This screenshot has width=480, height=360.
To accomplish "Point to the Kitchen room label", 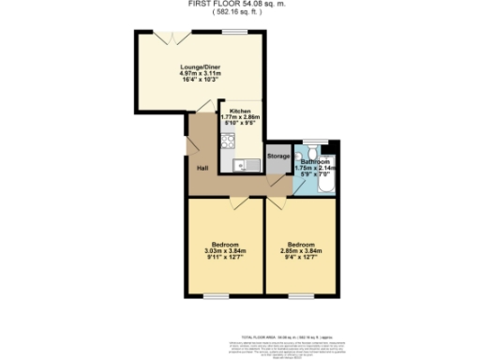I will pos(238,109).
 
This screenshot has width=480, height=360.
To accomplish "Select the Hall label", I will pos(202,168).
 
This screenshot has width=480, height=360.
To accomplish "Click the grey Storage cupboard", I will pos(278,156).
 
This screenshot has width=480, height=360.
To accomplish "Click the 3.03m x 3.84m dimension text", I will pos(225,251).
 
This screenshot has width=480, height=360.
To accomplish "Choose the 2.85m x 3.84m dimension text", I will pos(300,251).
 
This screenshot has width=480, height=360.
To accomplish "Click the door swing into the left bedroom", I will pos(240,203).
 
